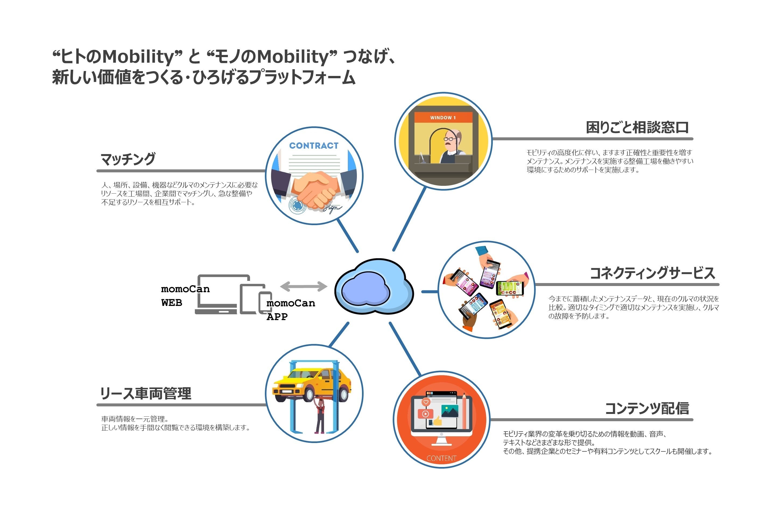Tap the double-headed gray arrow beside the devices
tap(304, 286)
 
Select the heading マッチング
tap(128, 159)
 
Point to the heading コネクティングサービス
tap(652, 273)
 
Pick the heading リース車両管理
tap(146, 393)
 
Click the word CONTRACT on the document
tap(314, 146)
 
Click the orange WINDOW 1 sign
tap(443, 117)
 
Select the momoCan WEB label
tap(185, 296)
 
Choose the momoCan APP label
tap(290, 310)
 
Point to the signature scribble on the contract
tap(332, 208)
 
